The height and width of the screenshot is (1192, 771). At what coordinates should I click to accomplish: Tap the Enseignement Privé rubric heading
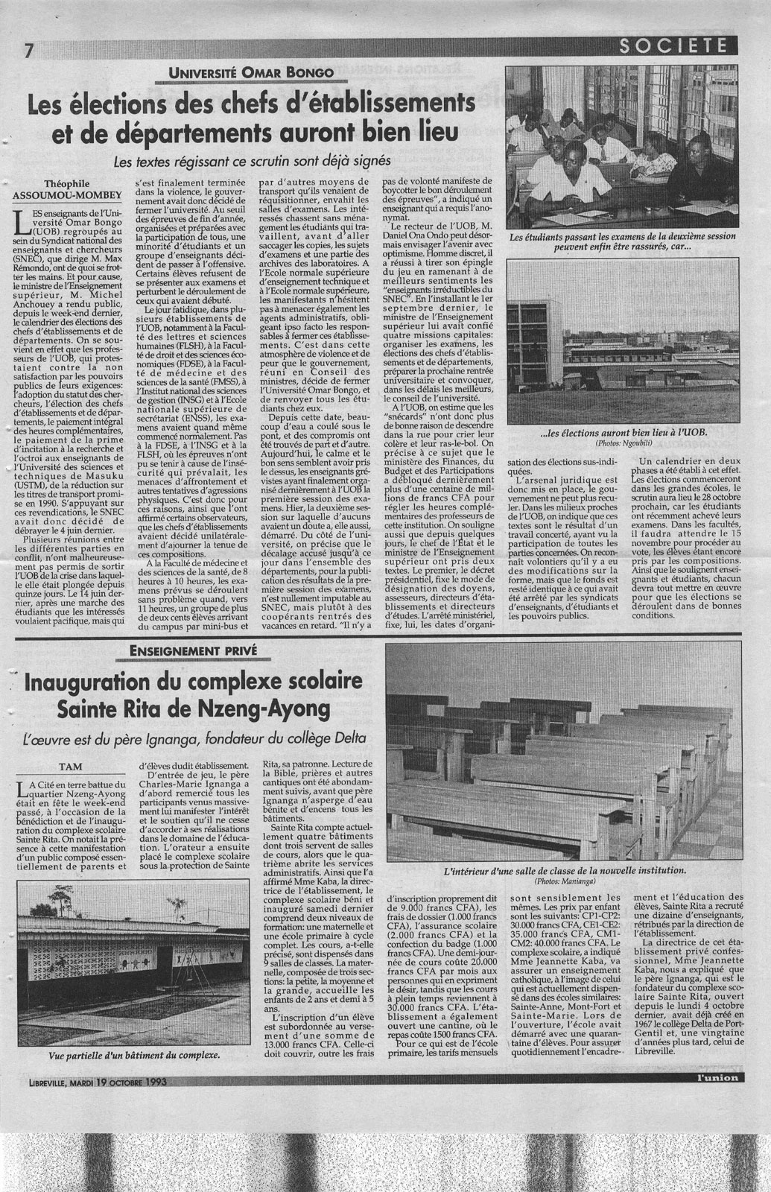coord(193,650)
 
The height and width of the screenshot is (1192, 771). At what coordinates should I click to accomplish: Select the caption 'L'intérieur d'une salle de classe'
coord(564,869)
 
